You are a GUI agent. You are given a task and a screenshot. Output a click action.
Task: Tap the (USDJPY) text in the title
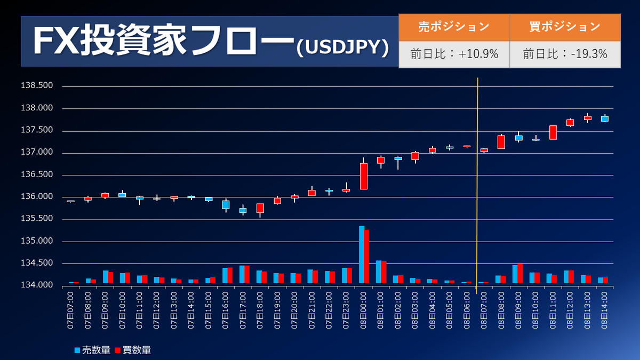tap(342, 47)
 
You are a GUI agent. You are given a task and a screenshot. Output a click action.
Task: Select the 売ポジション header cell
tap(454, 27)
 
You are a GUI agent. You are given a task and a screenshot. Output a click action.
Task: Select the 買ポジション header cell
tap(565, 27)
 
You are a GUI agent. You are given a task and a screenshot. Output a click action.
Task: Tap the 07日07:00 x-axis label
tap(71, 306)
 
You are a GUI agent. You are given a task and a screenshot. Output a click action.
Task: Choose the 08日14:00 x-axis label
tap(605, 306)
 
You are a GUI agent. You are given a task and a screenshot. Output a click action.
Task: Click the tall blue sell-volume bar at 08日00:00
tap(361, 254)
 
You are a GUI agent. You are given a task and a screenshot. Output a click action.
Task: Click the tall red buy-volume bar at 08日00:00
tap(366, 257)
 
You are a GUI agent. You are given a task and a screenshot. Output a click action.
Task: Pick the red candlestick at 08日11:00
tap(553, 132)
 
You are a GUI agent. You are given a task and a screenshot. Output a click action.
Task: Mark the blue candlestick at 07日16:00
tap(226, 204)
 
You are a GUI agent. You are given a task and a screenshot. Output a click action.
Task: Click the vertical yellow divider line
tap(477, 187)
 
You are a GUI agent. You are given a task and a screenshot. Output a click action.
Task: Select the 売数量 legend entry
tap(93, 350)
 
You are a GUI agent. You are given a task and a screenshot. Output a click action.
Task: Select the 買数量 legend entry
tap(134, 350)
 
